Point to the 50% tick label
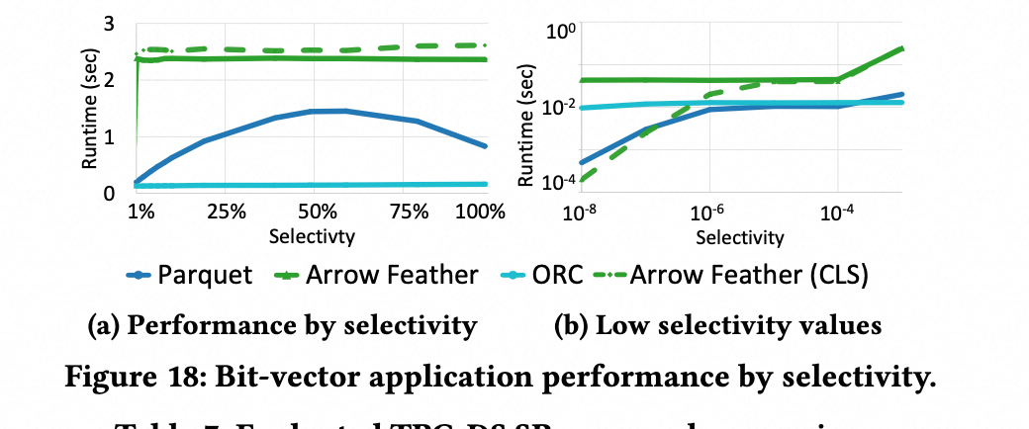tap(315, 213)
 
